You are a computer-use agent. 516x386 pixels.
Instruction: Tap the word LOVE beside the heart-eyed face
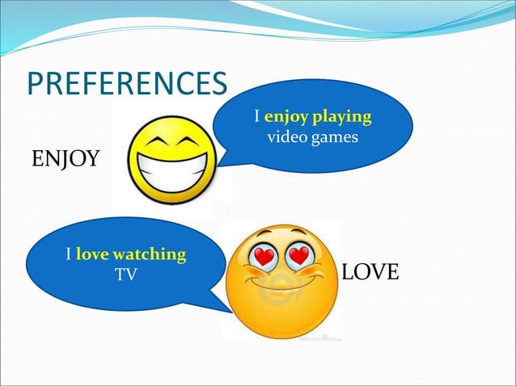pyautogui.click(x=370, y=273)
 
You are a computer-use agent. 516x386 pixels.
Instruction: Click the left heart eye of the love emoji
pyautogui.click(x=264, y=257)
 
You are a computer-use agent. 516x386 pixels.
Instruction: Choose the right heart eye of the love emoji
pyautogui.click(x=299, y=257)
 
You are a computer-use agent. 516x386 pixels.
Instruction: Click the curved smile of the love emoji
pyautogui.click(x=281, y=284)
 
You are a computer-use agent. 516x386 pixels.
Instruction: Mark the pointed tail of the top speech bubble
pyautogui.click(x=224, y=162)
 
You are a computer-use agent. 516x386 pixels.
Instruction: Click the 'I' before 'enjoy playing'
pyautogui.click(x=256, y=117)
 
